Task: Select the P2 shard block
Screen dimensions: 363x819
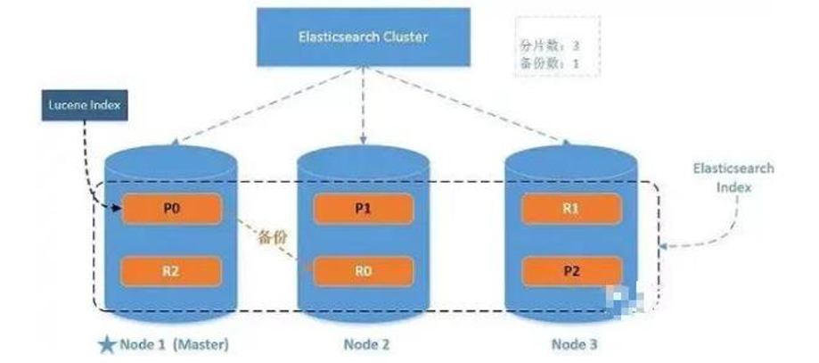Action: pyautogui.click(x=570, y=268)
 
